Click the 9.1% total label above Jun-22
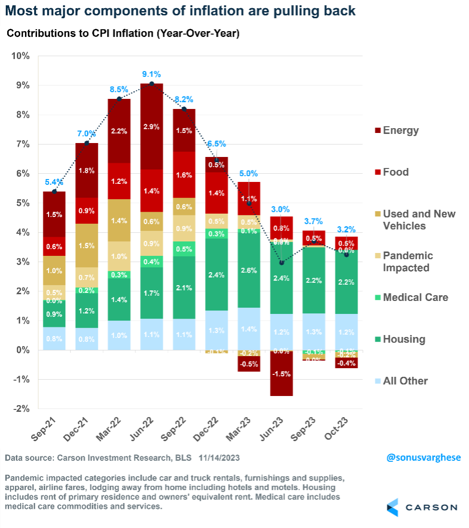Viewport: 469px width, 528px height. (151, 74)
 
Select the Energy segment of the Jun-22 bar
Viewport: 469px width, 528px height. (151, 127)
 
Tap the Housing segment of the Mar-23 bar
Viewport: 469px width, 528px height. (249, 270)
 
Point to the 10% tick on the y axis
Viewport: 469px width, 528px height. (20, 56)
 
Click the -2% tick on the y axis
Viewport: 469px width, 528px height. (21, 409)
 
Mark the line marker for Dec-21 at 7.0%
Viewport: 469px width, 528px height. (86, 143)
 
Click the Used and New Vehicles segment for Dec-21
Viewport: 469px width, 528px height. (86, 245)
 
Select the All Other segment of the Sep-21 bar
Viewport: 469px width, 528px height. (54, 338)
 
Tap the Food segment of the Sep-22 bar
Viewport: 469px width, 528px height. (184, 175)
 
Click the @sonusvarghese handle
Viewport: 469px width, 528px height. (423, 458)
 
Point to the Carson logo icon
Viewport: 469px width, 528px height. (392, 507)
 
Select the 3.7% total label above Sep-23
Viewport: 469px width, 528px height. (314, 221)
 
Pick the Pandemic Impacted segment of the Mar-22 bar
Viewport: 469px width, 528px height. (119, 256)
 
